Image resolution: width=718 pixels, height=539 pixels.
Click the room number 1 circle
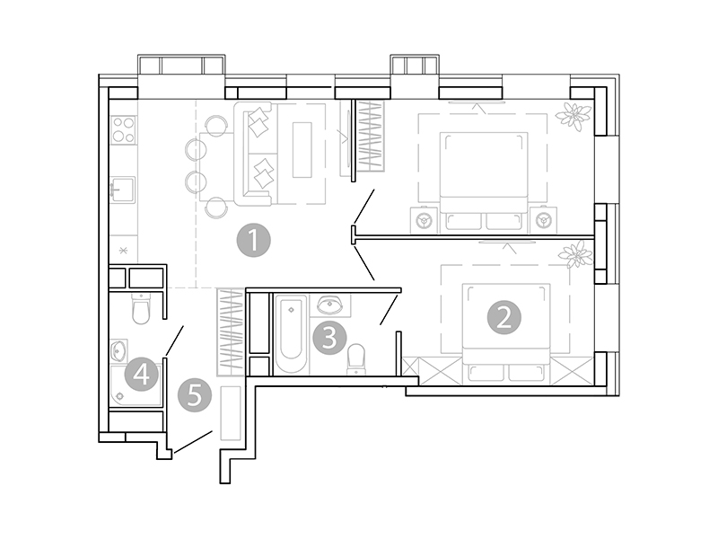[x=253, y=241]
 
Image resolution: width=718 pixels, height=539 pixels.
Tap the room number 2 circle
[x=504, y=317]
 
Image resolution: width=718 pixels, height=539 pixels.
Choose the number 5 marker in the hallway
[x=195, y=395]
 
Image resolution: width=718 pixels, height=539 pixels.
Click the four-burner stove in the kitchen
[x=124, y=131]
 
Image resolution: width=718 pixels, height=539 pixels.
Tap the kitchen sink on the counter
[x=123, y=189]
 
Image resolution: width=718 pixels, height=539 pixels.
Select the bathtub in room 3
[x=291, y=333]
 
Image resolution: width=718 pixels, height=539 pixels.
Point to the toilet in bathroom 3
[x=356, y=358]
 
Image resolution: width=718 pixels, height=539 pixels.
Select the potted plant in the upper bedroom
[x=571, y=115]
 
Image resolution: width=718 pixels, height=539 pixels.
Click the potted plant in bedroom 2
[x=574, y=258]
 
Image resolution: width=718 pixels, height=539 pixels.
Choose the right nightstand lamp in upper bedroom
[x=541, y=220]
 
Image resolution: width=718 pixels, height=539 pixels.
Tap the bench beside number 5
[x=231, y=413]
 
